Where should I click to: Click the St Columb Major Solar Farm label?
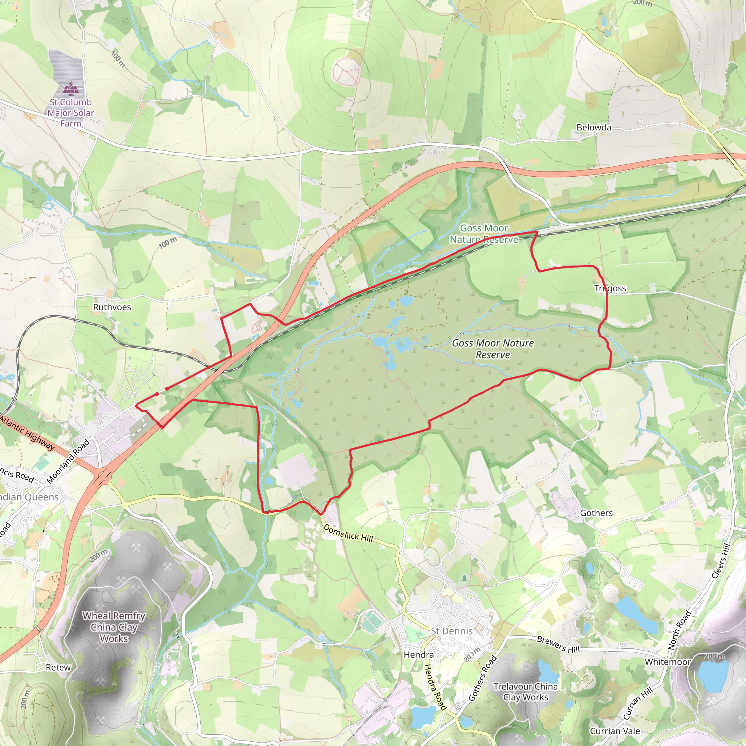(x=71, y=113)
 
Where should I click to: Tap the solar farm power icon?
(x=71, y=89)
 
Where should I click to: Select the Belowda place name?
(x=593, y=127)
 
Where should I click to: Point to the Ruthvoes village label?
(x=112, y=307)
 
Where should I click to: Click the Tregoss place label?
(x=610, y=288)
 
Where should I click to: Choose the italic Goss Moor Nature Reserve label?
(x=493, y=349)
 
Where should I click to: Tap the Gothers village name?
(x=596, y=513)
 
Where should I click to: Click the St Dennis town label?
(x=451, y=631)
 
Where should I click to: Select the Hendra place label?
(x=419, y=655)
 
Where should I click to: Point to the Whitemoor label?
(x=668, y=662)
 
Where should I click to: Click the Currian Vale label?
(x=615, y=731)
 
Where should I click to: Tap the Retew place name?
(x=58, y=667)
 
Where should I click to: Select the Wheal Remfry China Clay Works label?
(x=114, y=627)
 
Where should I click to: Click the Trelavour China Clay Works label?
(x=525, y=692)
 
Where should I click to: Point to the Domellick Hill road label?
(x=348, y=533)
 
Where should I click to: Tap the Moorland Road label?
(x=68, y=462)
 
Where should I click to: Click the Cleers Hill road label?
(x=721, y=561)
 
